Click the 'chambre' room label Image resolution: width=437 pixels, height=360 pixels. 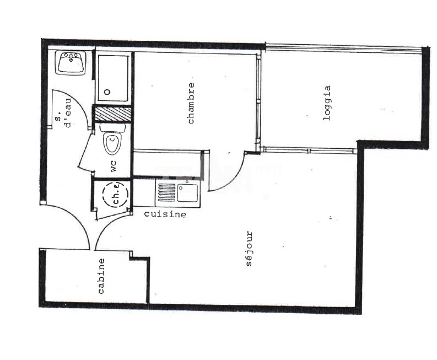pyautogui.click(x=191, y=103)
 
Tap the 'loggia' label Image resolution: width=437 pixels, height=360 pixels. pyautogui.click(x=327, y=103)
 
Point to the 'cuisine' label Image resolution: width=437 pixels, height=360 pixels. pyautogui.click(x=165, y=214)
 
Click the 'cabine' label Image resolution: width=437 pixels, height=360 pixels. pyautogui.click(x=101, y=276)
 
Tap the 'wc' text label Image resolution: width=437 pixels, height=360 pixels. pyautogui.click(x=114, y=165)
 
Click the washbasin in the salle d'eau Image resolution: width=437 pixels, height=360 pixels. pyautogui.click(x=71, y=63)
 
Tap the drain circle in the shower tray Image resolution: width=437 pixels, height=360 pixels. pyautogui.click(x=107, y=92)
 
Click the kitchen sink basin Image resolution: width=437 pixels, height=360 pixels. pyautogui.click(x=187, y=192)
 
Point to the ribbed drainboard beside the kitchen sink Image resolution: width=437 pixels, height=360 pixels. pyautogui.click(x=166, y=192)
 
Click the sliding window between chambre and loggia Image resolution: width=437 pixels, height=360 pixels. pyautogui.click(x=258, y=100)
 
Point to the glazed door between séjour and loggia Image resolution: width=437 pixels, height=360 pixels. pyautogui.click(x=309, y=151)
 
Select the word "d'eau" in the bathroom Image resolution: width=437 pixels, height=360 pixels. pyautogui.click(x=68, y=112)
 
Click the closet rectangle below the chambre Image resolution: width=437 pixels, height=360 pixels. pyautogui.click(x=168, y=164)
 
